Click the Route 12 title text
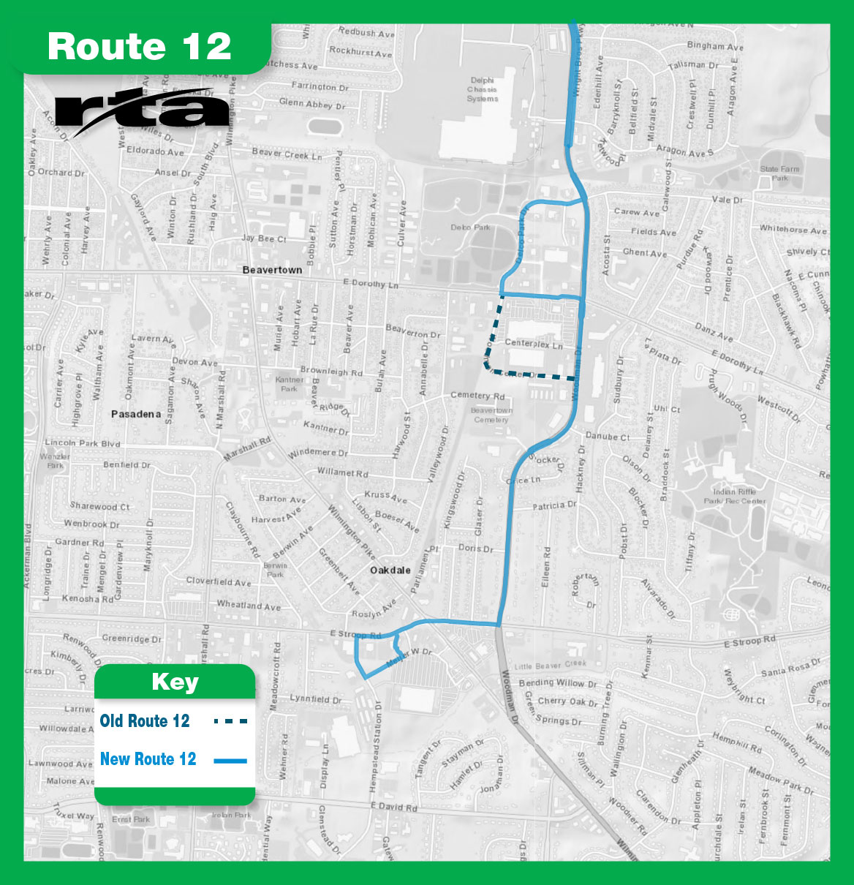tap(140, 47)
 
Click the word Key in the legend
tap(175, 682)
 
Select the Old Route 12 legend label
tap(145, 721)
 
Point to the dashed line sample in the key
tap(230, 721)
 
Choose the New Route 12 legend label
tap(148, 759)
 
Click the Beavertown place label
tap(272, 270)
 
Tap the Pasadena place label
tap(136, 414)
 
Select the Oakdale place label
tap(390, 570)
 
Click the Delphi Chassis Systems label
tap(482, 89)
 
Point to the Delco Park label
tap(470, 227)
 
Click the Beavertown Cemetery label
tap(491, 415)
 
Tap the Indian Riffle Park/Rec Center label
tap(735, 496)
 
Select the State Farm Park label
tap(779, 173)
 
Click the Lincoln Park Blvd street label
tap(83, 442)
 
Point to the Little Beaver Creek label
tap(550, 666)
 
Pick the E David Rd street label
tap(393, 807)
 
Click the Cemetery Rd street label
tap(477, 396)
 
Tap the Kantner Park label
tap(290, 384)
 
